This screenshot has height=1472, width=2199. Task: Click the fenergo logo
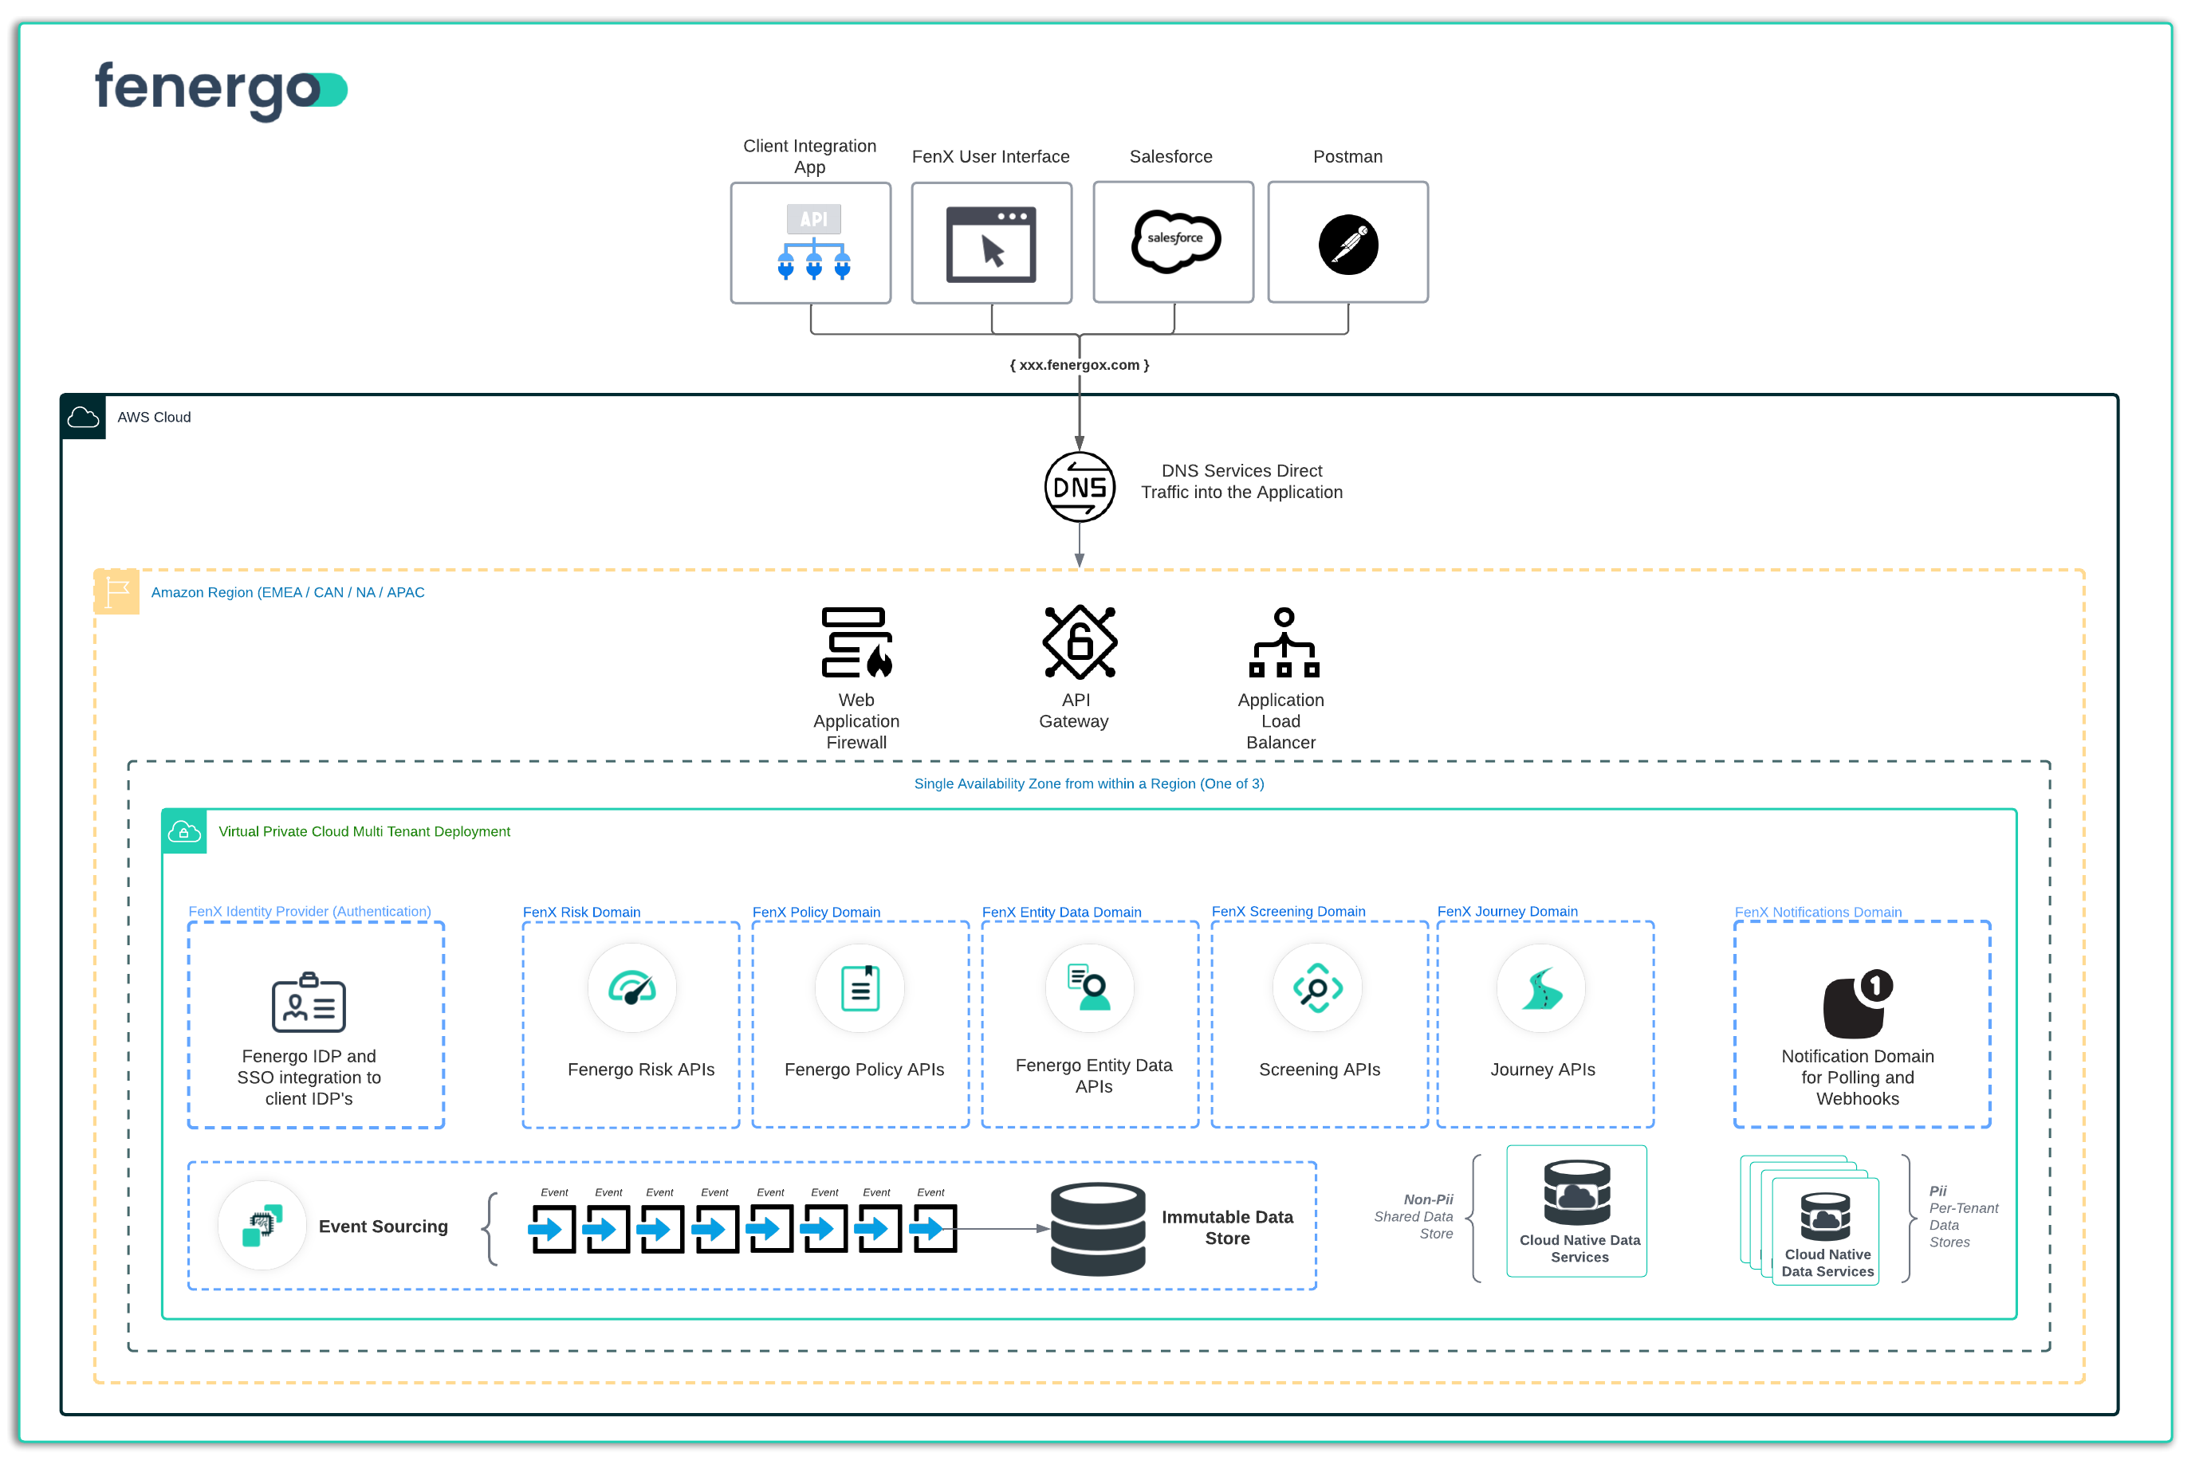(x=221, y=90)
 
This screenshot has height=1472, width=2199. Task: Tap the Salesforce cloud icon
(x=1174, y=241)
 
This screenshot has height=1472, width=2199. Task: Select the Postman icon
(x=1348, y=245)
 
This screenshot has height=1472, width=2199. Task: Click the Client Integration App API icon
(x=813, y=243)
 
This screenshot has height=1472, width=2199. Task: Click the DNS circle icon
(x=1080, y=487)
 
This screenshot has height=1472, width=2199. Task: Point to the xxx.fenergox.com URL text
(x=1080, y=365)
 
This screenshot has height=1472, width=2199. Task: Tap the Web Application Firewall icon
(x=856, y=643)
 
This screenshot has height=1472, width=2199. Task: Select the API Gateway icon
(x=1080, y=642)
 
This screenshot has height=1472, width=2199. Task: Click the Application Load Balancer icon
(x=1284, y=643)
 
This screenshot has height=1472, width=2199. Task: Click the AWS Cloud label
(x=154, y=418)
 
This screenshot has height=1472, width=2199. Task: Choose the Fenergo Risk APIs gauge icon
(x=632, y=988)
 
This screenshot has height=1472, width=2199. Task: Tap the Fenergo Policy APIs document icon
(x=860, y=988)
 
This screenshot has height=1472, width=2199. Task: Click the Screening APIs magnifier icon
(x=1317, y=988)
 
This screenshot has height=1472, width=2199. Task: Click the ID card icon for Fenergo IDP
(x=309, y=1003)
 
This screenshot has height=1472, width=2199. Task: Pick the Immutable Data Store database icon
(x=1098, y=1229)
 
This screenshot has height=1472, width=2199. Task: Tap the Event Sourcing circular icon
(x=262, y=1226)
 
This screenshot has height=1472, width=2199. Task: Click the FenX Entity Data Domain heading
(x=1061, y=913)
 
